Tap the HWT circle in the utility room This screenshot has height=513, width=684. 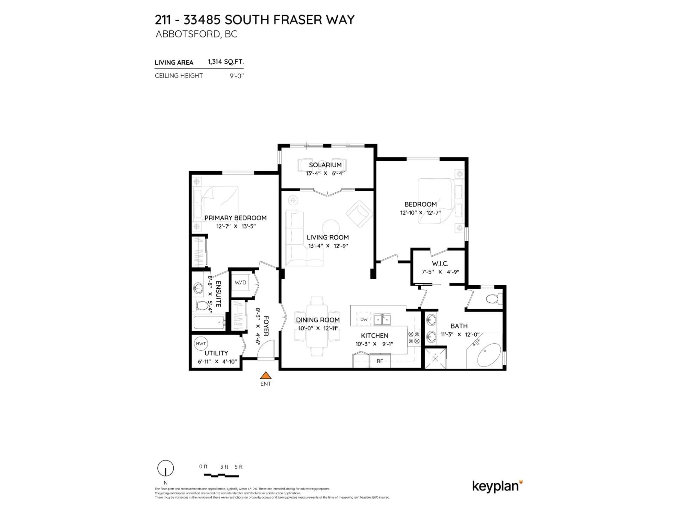point(201,344)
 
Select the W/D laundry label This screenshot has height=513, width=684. point(240,282)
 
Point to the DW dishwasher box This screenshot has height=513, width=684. point(364,319)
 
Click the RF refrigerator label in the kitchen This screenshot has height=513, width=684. point(380,361)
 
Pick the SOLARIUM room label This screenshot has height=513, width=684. point(325,165)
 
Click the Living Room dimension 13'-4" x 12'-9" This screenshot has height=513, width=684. point(328,246)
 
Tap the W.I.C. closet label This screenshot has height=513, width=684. point(440,263)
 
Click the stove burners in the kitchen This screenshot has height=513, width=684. point(414,338)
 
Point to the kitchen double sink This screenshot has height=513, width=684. point(382,319)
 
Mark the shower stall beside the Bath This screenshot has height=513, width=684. point(435,358)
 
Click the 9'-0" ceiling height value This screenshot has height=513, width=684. point(237,76)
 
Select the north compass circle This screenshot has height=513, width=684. point(165,468)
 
